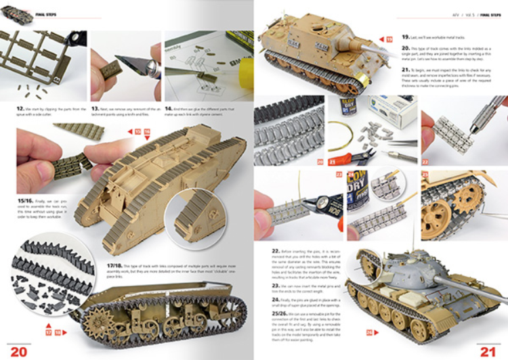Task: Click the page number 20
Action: [18, 351]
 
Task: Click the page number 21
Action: [488, 351]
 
